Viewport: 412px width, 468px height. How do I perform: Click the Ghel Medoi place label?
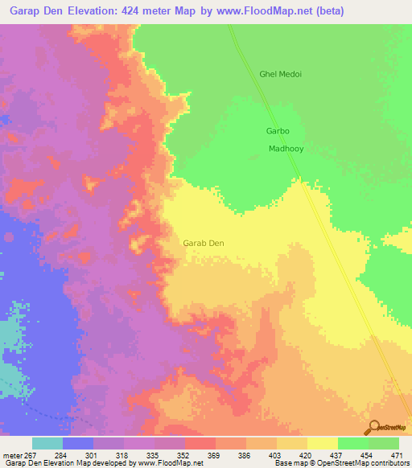[x=280, y=75]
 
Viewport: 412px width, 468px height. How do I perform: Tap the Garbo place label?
[x=277, y=130]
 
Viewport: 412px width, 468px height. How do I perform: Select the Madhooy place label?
[x=286, y=149]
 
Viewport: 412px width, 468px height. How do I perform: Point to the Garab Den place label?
[x=204, y=243]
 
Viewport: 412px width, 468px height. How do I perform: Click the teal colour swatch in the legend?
[x=47, y=443]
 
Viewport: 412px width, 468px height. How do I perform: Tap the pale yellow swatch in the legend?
[x=323, y=443]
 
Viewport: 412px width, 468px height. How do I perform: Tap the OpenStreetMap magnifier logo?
[x=374, y=427]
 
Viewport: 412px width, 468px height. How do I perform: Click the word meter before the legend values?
[x=14, y=454]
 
